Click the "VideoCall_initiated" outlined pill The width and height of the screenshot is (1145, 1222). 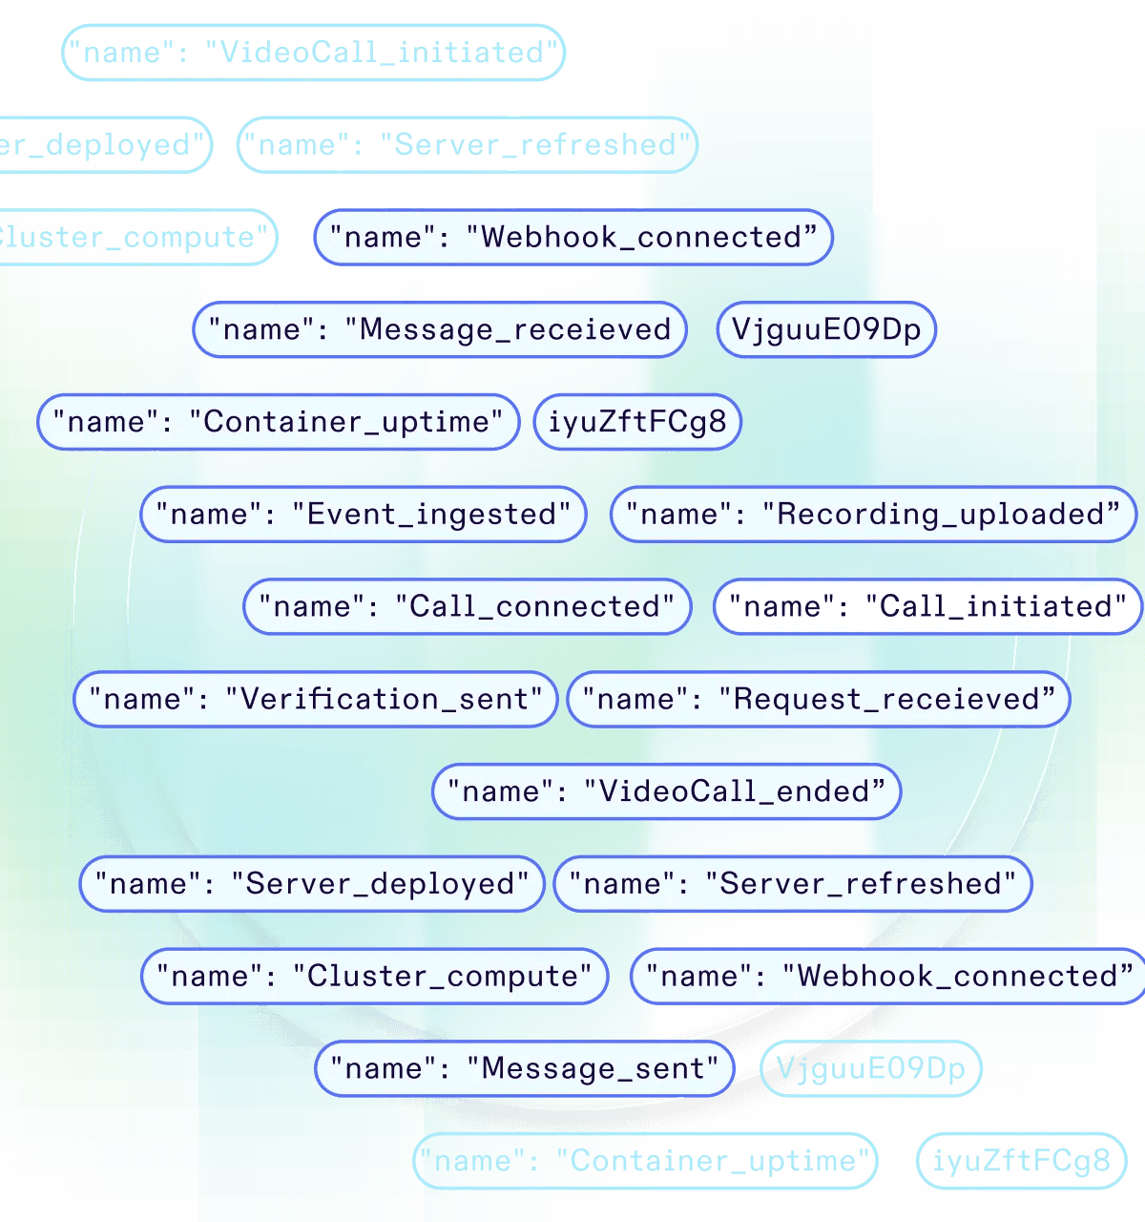(x=314, y=53)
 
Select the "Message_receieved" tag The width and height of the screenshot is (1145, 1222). (x=440, y=330)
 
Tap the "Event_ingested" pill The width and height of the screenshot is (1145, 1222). (x=363, y=515)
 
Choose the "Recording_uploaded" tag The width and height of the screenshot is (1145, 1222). (x=873, y=515)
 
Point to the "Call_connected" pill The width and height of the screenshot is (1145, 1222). (x=467, y=607)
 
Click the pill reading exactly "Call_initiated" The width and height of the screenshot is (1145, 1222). (x=927, y=607)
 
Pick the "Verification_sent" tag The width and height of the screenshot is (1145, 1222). (x=316, y=700)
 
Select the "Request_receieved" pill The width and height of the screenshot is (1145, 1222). (x=819, y=700)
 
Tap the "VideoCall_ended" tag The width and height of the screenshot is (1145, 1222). (x=666, y=792)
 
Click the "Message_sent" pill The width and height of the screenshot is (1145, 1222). (x=524, y=1069)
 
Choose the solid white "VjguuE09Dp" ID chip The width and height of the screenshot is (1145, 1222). (x=826, y=330)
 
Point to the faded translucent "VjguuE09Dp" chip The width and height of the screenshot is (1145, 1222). (x=870, y=1069)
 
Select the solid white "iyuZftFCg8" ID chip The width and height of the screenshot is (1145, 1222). (x=637, y=422)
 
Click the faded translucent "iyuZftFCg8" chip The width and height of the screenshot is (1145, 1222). (x=1021, y=1161)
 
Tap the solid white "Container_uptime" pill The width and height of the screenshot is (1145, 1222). (x=278, y=422)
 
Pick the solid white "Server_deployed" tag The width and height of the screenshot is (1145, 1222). (x=312, y=884)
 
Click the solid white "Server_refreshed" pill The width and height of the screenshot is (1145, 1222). (x=793, y=884)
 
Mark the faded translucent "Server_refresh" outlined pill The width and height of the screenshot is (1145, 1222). (x=467, y=145)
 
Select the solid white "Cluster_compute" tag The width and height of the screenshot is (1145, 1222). (x=375, y=977)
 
